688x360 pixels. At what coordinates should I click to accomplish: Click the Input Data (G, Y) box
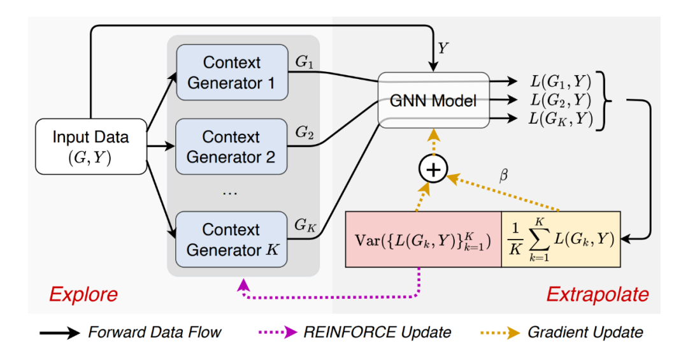(90, 147)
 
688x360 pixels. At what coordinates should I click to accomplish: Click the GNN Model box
(434, 100)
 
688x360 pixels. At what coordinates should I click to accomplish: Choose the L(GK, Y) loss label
(561, 119)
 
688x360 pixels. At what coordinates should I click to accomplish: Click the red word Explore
(83, 294)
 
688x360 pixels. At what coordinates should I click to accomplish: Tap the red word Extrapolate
(597, 294)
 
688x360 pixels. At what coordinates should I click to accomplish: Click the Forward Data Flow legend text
(154, 332)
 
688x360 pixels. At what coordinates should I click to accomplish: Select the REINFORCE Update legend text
(378, 332)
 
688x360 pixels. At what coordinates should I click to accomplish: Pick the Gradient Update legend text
(585, 332)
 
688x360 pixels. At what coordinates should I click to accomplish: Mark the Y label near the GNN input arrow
(444, 48)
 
